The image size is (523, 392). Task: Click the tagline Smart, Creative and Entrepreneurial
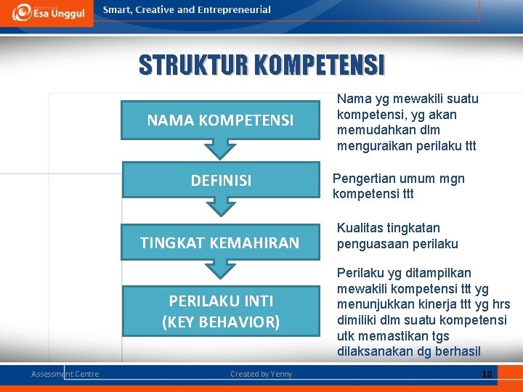tap(187, 10)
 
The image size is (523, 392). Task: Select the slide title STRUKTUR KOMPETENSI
tap(262, 65)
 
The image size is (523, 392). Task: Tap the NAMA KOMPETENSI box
tap(220, 121)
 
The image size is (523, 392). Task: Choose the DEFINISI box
tap(221, 181)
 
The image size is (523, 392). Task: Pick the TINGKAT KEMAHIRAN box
tap(220, 243)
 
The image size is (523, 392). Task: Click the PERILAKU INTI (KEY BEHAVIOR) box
tap(220, 311)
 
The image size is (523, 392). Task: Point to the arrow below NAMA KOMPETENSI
tap(220, 148)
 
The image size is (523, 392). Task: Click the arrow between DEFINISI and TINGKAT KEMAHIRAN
tap(220, 207)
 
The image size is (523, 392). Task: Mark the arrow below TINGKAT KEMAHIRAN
tap(220, 269)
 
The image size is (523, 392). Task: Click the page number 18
tap(486, 374)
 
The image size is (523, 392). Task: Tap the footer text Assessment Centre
tap(65, 374)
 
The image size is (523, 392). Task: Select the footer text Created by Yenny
tap(261, 374)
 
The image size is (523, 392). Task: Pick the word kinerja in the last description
tap(438, 304)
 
